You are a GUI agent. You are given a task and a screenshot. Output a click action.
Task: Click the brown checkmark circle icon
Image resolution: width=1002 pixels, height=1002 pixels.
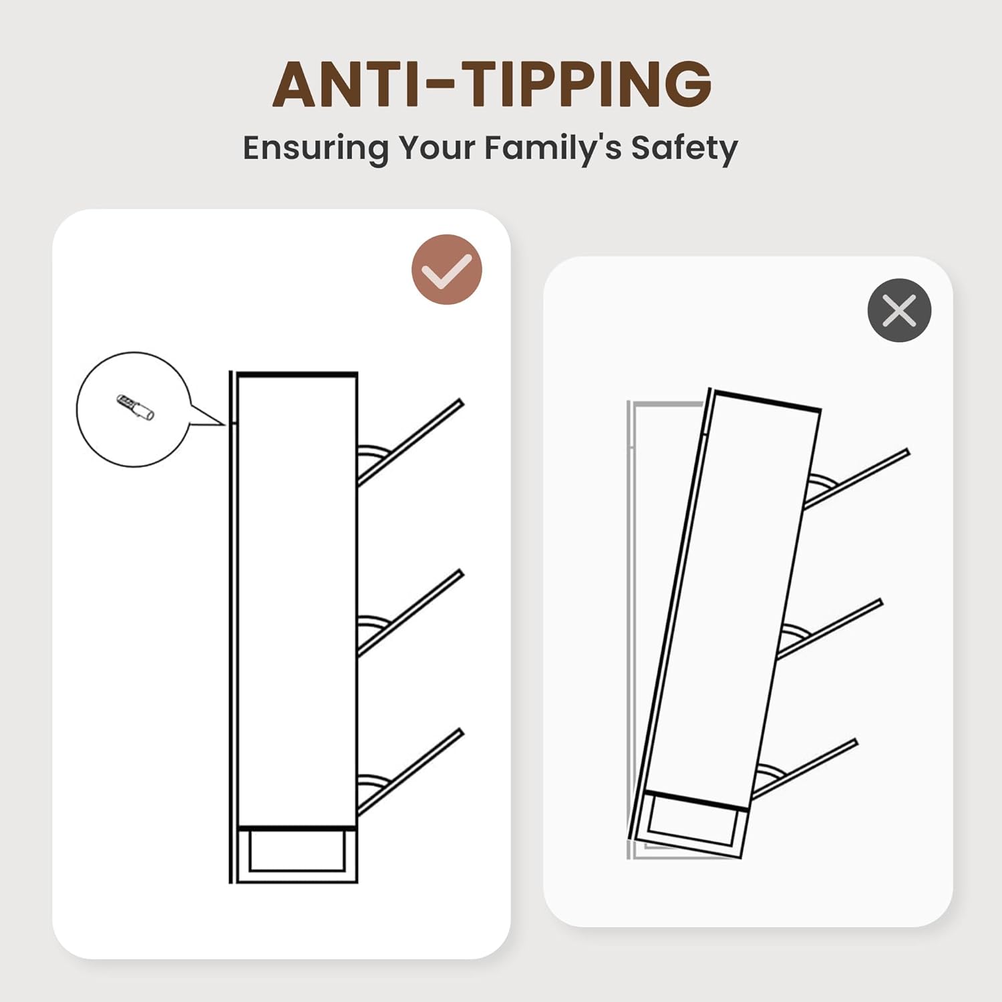click(447, 270)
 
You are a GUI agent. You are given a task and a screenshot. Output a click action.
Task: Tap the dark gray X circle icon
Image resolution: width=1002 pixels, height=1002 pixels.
click(899, 311)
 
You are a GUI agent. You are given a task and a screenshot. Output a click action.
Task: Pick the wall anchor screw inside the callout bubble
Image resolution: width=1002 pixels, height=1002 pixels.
click(135, 407)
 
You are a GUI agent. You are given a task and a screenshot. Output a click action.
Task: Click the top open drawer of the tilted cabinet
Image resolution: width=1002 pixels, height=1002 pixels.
click(856, 480)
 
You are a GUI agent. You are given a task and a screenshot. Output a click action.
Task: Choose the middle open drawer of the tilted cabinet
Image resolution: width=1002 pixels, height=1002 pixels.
click(830, 629)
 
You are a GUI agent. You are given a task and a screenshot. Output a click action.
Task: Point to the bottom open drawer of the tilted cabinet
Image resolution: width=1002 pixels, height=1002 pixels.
click(804, 769)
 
